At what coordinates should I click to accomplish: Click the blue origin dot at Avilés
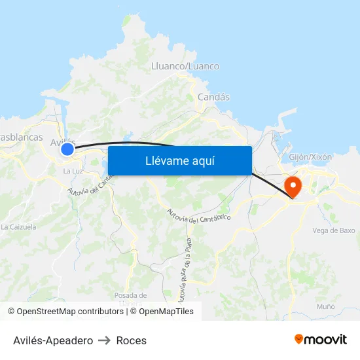67,149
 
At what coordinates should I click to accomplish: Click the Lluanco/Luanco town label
185,66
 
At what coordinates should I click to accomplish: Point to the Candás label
214,97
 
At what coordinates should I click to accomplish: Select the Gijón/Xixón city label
310,157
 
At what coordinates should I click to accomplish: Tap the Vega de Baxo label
334,230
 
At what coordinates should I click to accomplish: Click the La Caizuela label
18,227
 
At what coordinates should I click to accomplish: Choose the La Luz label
72,171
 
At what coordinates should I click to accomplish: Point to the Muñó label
325,306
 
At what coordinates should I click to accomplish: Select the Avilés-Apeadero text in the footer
53,340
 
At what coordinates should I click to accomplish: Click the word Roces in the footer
131,340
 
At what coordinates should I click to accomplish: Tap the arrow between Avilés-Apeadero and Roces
105,340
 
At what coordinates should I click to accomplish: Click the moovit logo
320,339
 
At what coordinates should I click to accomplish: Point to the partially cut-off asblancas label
22,137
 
